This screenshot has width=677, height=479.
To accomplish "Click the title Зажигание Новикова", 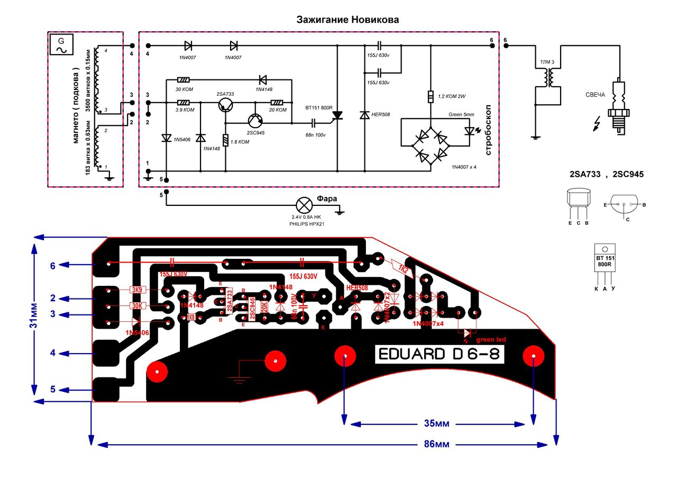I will (x=347, y=20).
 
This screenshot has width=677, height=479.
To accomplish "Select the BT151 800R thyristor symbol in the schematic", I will (x=337, y=115).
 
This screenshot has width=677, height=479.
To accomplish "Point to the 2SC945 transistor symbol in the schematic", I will (x=255, y=122).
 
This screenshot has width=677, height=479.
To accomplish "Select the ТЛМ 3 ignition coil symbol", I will (x=548, y=79).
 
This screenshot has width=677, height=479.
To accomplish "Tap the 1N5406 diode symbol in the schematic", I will (x=167, y=139).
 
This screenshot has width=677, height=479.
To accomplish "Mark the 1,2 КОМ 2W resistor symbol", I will (x=431, y=97).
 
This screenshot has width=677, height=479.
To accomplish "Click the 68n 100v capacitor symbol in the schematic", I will (x=314, y=123).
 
